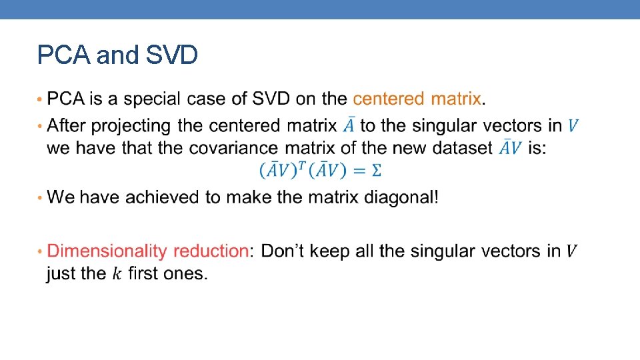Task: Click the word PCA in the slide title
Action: (x=64, y=55)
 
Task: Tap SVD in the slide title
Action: (x=171, y=55)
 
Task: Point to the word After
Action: (x=71, y=125)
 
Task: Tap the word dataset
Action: (x=462, y=148)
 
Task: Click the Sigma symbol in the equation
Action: (x=376, y=171)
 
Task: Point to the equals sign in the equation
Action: (x=358, y=171)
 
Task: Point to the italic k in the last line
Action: (x=117, y=273)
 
